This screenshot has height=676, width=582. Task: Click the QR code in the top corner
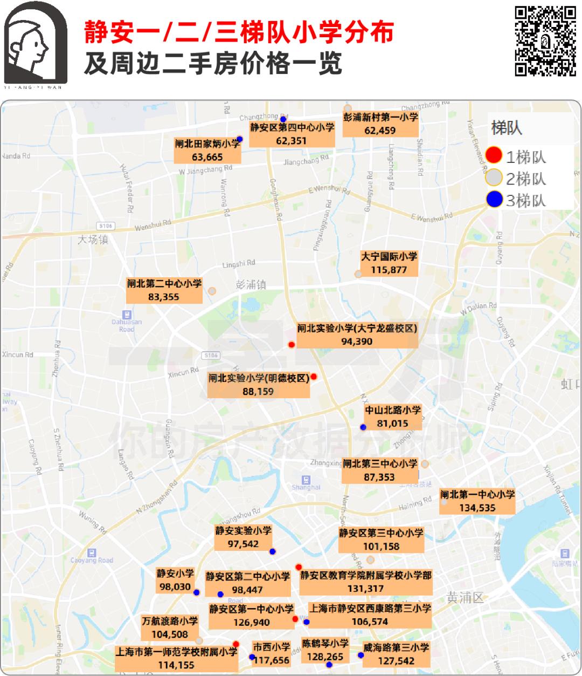tap(545, 42)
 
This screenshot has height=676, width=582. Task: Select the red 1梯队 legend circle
tap(494, 156)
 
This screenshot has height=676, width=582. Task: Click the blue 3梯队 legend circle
tap(494, 200)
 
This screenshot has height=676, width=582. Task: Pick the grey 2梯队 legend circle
tap(494, 177)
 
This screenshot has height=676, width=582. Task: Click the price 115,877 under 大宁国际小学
tap(389, 270)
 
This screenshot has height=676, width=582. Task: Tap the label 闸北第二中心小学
tap(164, 283)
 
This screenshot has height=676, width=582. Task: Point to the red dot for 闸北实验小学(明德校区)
tap(314, 377)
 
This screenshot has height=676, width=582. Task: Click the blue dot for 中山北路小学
tap(363, 427)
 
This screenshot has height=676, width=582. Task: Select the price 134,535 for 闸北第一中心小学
tap(477, 508)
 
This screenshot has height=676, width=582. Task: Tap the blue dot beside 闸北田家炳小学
tap(240, 139)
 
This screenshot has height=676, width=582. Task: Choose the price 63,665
tap(207, 157)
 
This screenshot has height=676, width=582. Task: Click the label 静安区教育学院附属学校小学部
tap(366, 576)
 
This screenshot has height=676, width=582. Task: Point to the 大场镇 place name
tap(93, 239)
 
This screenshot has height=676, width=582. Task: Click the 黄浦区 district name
tap(466, 598)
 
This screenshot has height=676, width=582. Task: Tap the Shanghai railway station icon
tap(306, 479)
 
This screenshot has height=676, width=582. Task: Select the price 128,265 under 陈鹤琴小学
tap(325, 657)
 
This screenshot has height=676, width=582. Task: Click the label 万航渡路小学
tap(170, 621)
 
